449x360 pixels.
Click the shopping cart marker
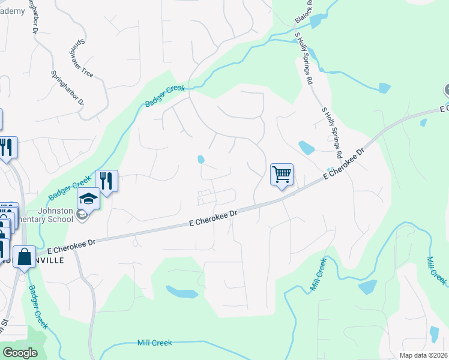pos(282,175)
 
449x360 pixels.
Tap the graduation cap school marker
pos(88,198)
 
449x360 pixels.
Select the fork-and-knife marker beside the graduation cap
pos(106,181)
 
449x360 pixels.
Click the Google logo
pos(20,353)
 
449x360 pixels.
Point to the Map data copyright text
pos(424,355)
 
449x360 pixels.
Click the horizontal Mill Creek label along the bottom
pos(154,343)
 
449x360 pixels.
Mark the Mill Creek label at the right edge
pos(436,271)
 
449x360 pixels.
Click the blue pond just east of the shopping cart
pos(306,147)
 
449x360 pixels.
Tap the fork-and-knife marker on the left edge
pos(6,148)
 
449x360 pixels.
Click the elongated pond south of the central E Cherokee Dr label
pos(182,292)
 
